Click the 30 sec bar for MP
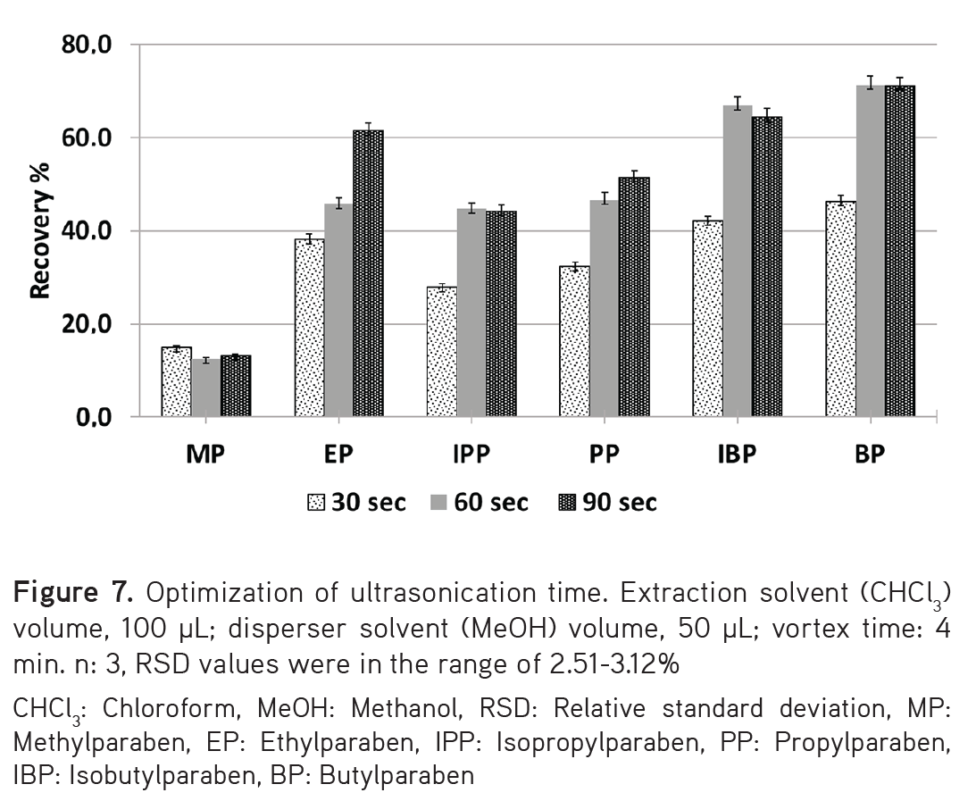[176, 382]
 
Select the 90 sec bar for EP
[368, 273]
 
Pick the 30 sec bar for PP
[574, 341]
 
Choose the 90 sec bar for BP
[899, 251]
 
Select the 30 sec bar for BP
[840, 309]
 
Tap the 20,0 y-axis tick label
[86, 324]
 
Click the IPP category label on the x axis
[470, 455]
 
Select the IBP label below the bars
[736, 455]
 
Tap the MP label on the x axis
[205, 455]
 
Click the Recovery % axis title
[39, 230]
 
